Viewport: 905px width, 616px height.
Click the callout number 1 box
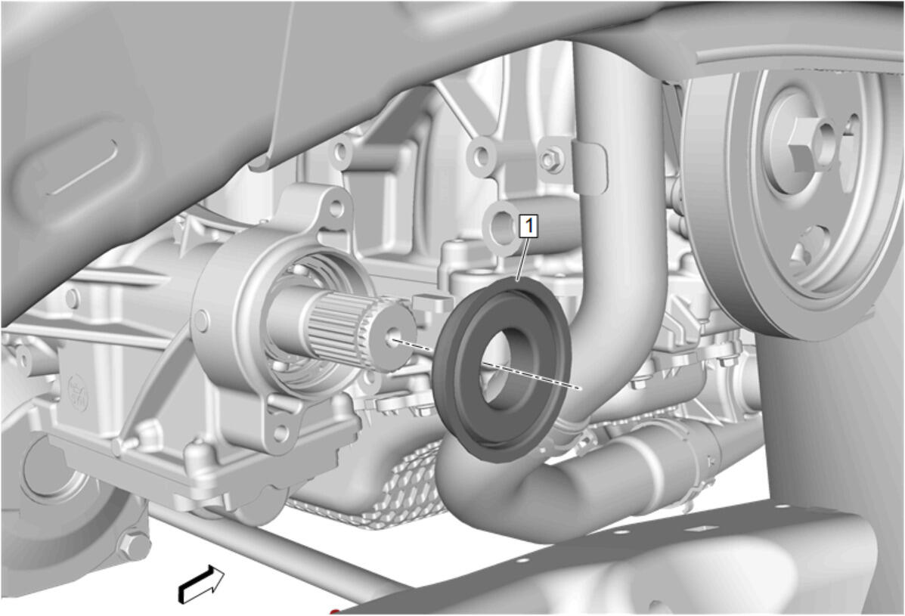click(528, 225)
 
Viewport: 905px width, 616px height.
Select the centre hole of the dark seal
click(502, 369)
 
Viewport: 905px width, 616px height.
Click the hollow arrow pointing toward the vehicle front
click(201, 583)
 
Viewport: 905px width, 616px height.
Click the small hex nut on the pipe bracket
click(552, 159)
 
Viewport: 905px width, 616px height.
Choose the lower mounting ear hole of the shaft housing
click(280, 432)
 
